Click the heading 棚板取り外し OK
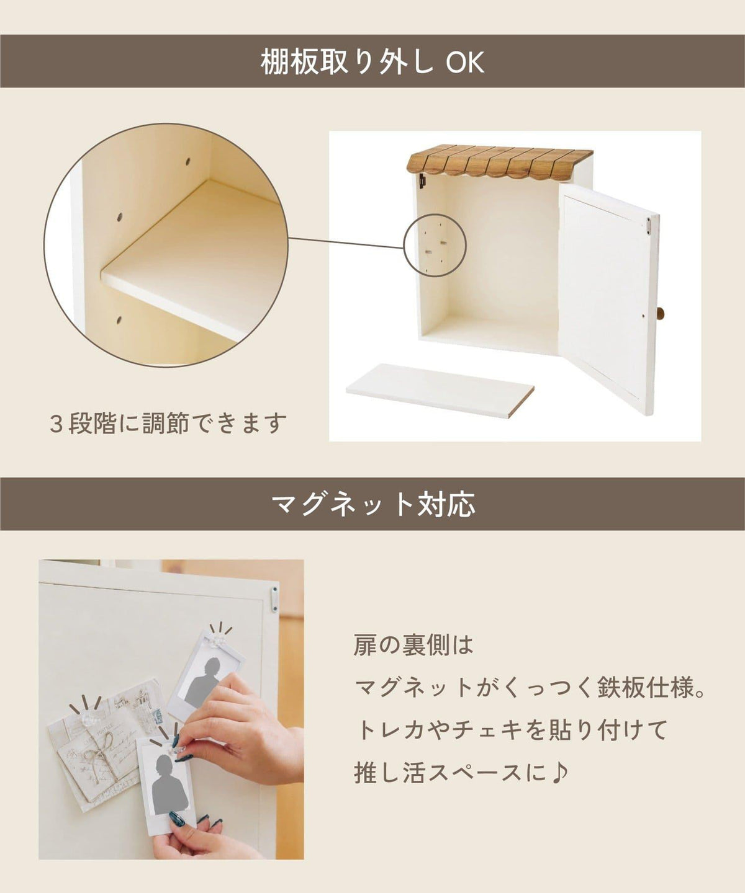372,62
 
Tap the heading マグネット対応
372,504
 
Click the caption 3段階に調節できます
168,423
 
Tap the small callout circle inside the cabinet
435,245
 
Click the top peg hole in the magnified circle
188,162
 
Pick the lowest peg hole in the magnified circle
119,319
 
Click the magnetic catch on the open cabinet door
649,225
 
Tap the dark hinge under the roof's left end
423,181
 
